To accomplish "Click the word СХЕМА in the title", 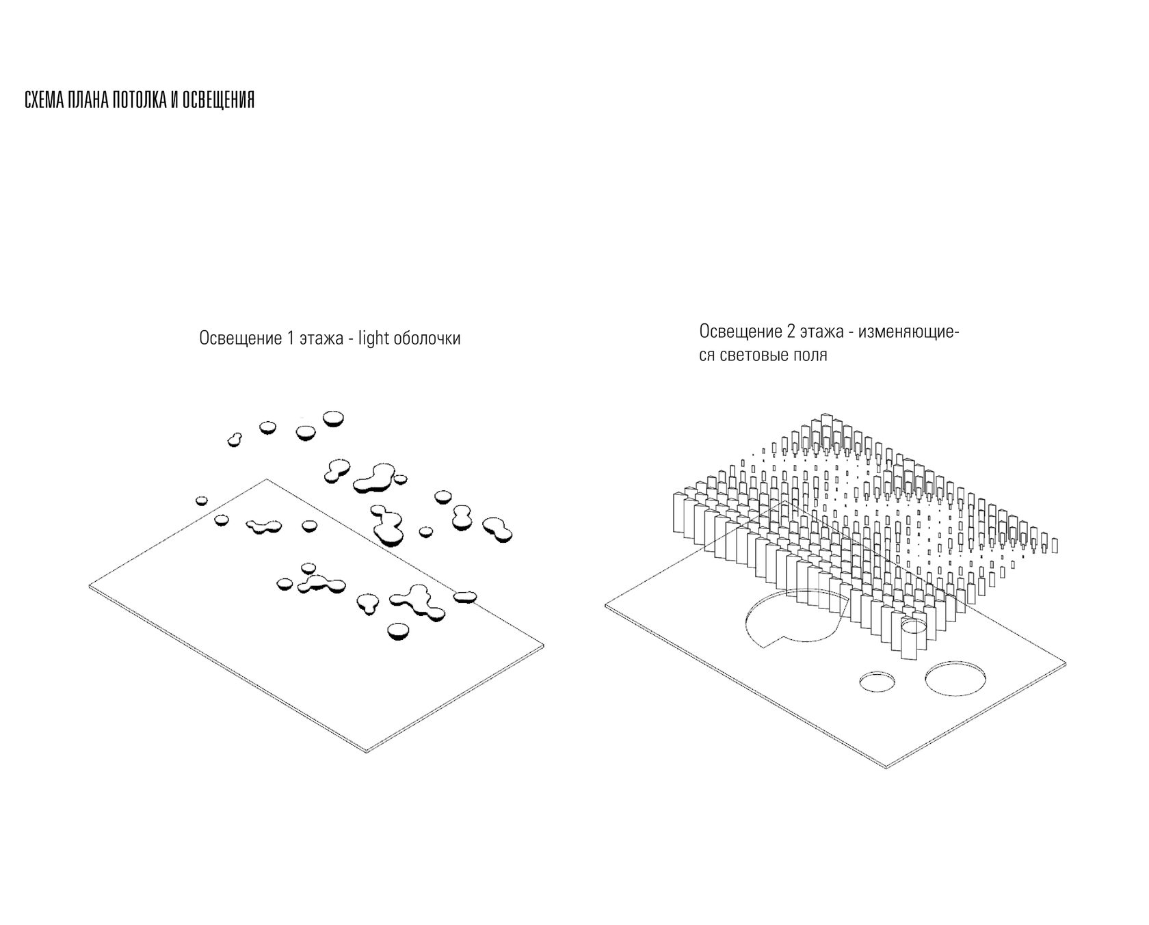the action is [40, 100].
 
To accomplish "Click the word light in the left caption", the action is [373, 338].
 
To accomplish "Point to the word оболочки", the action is [427, 338].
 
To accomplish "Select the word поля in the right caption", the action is [808, 356].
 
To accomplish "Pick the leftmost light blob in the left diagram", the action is [201, 500].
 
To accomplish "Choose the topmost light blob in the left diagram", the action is [334, 418].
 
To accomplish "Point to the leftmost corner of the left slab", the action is [90, 586].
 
